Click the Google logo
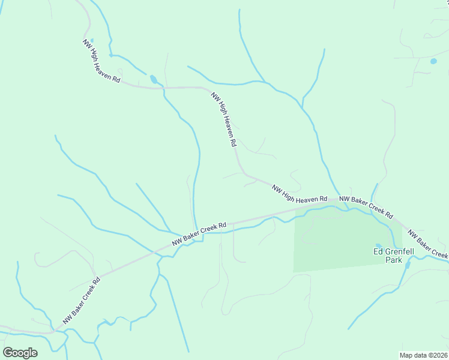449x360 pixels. [x=20, y=353]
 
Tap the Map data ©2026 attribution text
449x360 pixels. [x=424, y=355]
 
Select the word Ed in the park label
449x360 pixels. [x=378, y=252]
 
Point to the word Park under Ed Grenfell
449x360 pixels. [x=394, y=261]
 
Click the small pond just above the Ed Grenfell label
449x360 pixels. [x=378, y=245]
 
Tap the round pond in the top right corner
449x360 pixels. [x=433, y=61]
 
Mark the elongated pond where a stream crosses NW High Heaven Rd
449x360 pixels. [x=154, y=79]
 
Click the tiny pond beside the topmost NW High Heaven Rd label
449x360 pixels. [x=91, y=41]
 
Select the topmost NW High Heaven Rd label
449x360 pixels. [x=102, y=61]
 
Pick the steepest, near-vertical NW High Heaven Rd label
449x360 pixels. [x=224, y=119]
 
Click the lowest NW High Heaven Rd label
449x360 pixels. [x=299, y=193]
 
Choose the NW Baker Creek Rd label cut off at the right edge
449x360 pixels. [x=427, y=245]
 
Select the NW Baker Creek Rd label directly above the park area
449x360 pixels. [x=366, y=206]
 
